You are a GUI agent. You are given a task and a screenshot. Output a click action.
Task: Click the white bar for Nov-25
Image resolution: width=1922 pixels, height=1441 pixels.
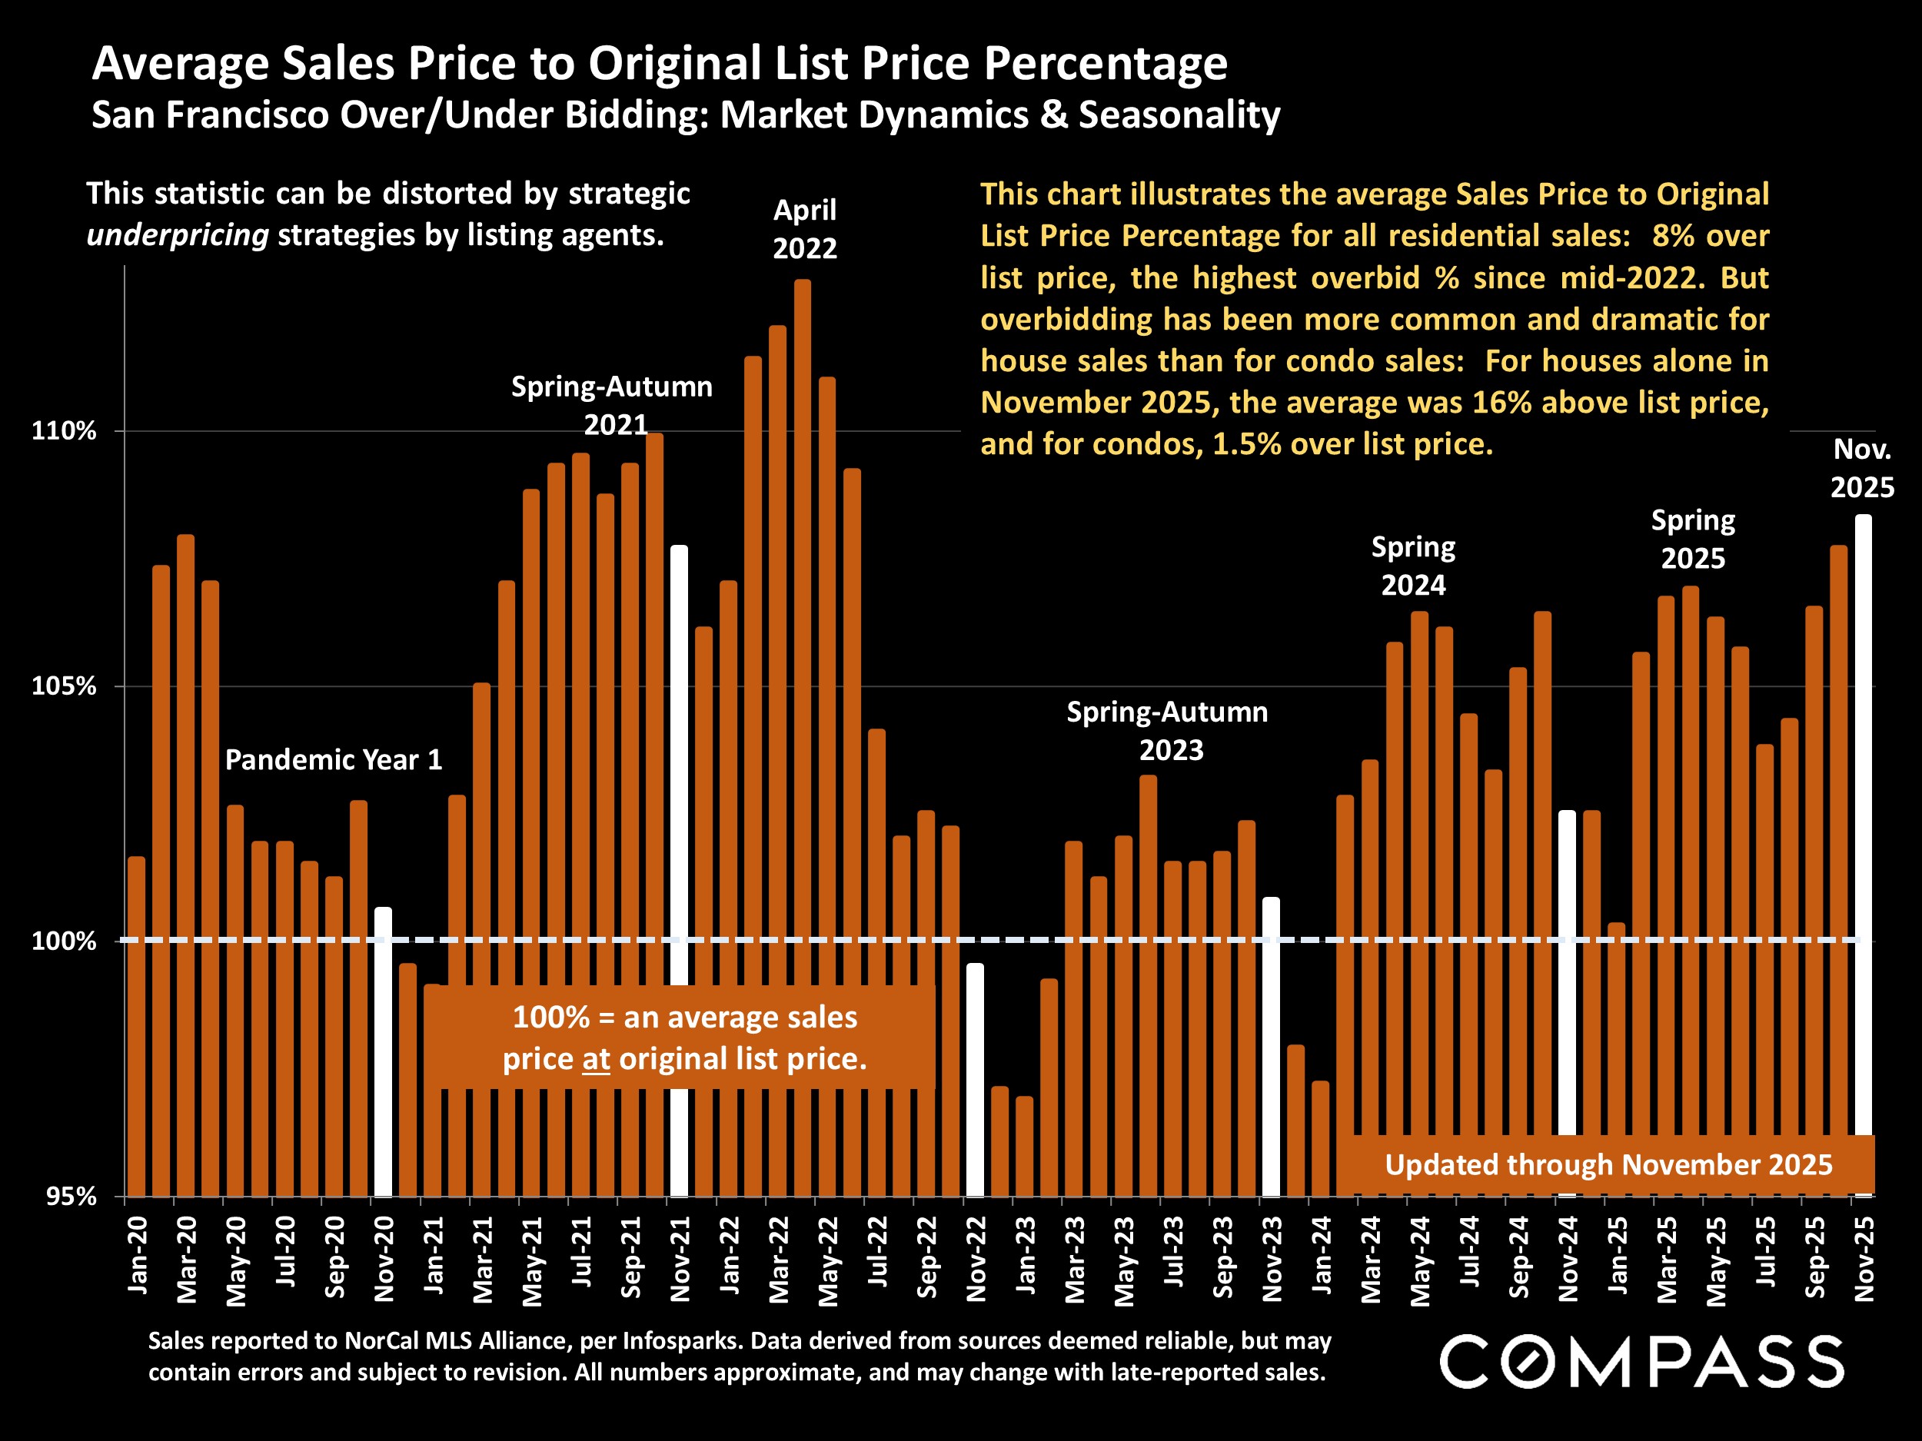pos(1863,816)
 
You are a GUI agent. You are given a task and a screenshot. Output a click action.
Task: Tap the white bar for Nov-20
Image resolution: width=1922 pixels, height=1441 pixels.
pos(383,1051)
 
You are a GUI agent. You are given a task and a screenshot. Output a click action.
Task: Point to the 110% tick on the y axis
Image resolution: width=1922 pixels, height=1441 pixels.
pos(64,431)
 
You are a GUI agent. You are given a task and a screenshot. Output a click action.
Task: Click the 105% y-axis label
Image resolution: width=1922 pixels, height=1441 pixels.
pos(64,686)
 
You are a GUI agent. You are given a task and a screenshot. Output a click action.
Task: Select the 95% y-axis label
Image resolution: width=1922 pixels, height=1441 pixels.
pos(69,1196)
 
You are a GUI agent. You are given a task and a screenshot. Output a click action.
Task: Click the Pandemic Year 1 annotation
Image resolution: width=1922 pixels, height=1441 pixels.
pos(334,760)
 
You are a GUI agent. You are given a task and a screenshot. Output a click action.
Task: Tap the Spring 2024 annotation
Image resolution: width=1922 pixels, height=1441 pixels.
pos(1413,566)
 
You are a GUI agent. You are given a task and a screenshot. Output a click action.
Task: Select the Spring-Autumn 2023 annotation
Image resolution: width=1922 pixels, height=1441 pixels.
pos(1168,730)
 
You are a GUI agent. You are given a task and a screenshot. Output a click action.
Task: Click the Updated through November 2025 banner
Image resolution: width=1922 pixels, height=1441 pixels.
pos(1608,1165)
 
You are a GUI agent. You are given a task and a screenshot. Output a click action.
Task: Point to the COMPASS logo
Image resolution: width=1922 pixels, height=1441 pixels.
pos(1641,1361)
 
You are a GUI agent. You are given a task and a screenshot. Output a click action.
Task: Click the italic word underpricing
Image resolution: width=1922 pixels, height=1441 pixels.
pos(178,235)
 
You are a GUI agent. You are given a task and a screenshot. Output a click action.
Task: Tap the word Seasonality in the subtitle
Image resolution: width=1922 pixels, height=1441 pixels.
pos(1179,115)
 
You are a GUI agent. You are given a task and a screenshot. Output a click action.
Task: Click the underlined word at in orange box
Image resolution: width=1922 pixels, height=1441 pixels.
pos(596,1059)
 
